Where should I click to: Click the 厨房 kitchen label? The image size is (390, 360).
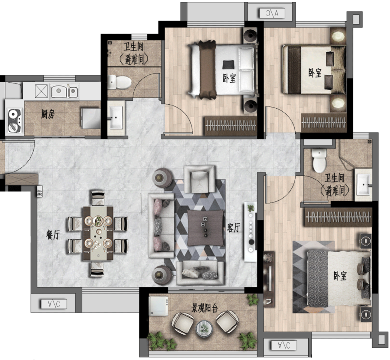tap(48, 114)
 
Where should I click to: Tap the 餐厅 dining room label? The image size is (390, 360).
tap(53, 234)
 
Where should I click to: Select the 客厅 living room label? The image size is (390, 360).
tap(234, 228)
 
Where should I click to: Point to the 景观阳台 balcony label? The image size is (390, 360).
tap(204, 308)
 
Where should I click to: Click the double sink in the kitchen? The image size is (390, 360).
tap(64, 91)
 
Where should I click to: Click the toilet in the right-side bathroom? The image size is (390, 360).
tap(319, 161)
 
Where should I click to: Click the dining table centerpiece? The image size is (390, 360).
tap(98, 221)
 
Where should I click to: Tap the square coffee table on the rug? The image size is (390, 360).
tap(205, 228)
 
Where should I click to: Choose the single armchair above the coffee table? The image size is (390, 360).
tap(199, 179)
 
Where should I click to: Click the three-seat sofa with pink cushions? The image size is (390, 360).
tap(161, 225)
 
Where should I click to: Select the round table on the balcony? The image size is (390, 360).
tap(204, 329)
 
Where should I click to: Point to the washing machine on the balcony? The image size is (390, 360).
tap(159, 306)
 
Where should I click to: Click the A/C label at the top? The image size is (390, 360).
tap(272, 13)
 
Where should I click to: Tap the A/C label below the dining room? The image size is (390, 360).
tap(54, 304)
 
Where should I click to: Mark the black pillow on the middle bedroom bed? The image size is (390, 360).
tap(228, 65)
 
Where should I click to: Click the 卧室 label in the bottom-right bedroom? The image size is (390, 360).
tap(340, 276)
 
